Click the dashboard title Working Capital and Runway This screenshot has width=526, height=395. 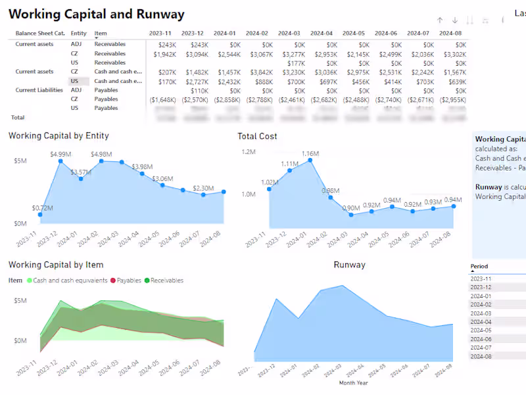click(x=97, y=14)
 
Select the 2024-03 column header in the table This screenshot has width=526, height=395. click(x=289, y=33)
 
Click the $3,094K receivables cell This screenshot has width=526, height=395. click(x=195, y=54)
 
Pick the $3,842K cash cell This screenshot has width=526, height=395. click(x=259, y=72)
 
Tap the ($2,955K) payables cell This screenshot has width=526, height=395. click(x=452, y=99)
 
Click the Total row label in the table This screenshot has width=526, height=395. click(x=18, y=117)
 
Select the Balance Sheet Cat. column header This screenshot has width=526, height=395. click(x=40, y=33)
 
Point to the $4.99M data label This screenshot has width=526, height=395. click(x=60, y=154)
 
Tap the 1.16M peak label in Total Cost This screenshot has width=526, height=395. click(x=310, y=154)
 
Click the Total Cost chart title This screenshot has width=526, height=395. click(x=257, y=136)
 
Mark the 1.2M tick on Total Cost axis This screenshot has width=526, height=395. click(x=249, y=152)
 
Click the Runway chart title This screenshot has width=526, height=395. click(x=349, y=265)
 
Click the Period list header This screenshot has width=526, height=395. click(x=479, y=267)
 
